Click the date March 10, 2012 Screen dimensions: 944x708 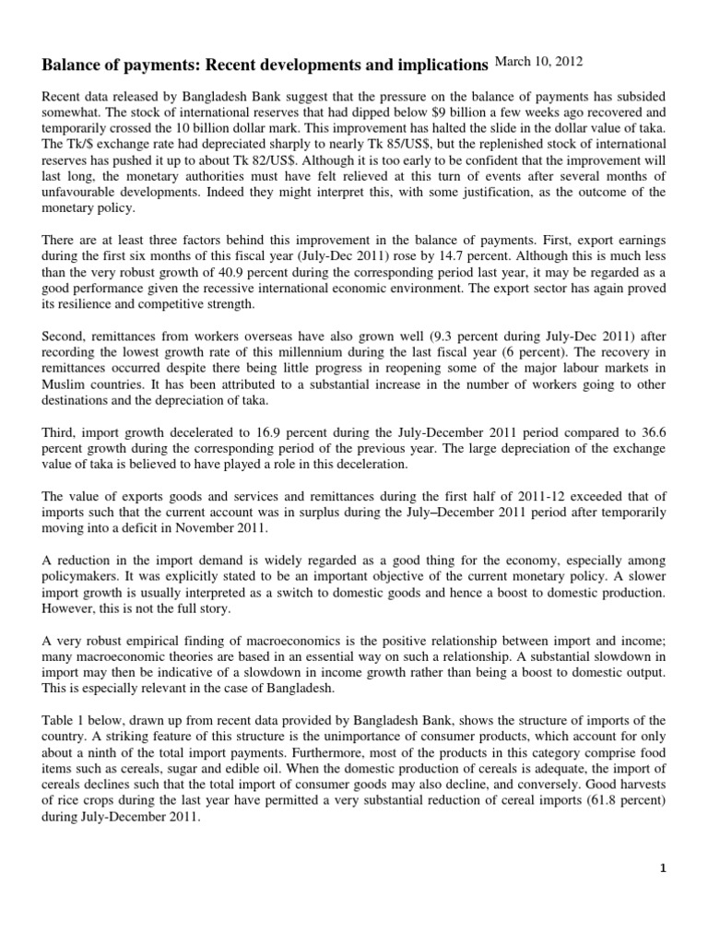pyautogui.click(x=538, y=62)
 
